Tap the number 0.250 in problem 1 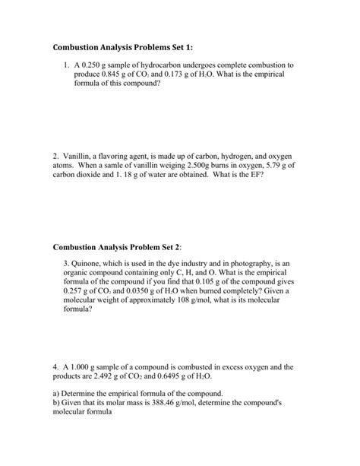tap(95, 66)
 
